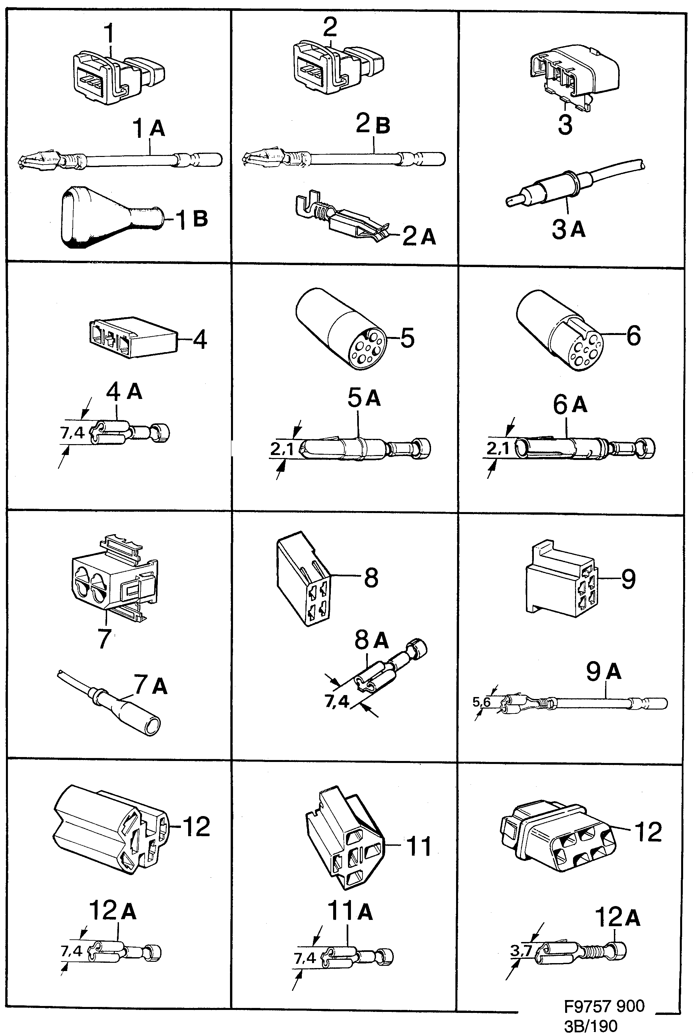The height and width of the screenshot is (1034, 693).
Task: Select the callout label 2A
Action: [x=419, y=237]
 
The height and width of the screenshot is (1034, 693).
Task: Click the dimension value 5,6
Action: [x=481, y=702]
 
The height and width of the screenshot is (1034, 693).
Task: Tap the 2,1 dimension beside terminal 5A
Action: [x=282, y=449]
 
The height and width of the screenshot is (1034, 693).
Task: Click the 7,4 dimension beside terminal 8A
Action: [x=337, y=701]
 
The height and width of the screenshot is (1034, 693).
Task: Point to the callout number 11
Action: [x=418, y=846]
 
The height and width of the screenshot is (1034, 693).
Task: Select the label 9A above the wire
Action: [x=603, y=671]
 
